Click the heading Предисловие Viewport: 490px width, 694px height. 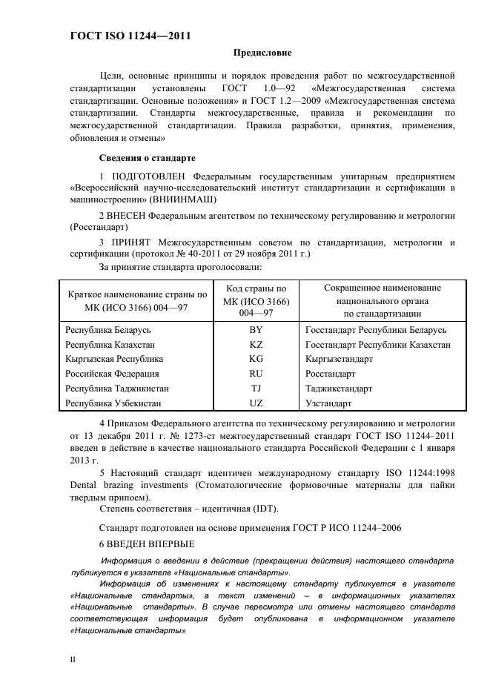[x=262, y=53]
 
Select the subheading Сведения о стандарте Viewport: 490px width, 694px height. [x=148, y=158]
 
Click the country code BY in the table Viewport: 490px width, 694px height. [x=256, y=330]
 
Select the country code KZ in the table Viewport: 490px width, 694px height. [x=256, y=345]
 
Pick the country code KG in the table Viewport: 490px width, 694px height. [x=256, y=359]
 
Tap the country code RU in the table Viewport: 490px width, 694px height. [x=256, y=374]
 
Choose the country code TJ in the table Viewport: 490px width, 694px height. [x=256, y=389]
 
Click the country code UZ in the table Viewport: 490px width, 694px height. [x=256, y=403]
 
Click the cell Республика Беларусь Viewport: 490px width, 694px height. [x=108, y=330]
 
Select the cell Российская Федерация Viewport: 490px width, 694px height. [x=112, y=374]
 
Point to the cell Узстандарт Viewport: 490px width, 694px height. [x=328, y=403]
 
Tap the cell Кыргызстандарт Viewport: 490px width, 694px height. [x=339, y=359]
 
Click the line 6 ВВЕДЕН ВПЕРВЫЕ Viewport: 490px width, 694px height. [x=142, y=543]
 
